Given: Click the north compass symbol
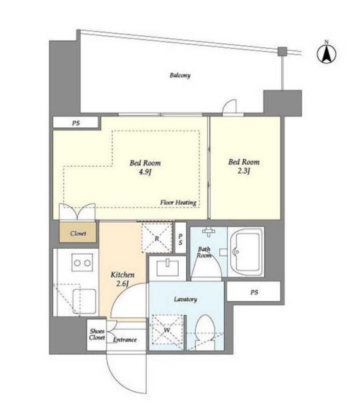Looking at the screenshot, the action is point(327,53).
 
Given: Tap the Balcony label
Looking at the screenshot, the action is point(180,75).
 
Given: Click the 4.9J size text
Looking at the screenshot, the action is point(145,172).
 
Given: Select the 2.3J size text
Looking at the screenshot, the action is point(243,171).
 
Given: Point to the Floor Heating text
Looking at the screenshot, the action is point(178,203).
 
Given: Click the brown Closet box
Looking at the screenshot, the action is point(78,233).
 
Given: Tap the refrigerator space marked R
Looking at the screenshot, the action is point(157,238).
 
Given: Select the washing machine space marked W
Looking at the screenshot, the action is point(167,330).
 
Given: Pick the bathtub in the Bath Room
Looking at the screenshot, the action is point(246,252).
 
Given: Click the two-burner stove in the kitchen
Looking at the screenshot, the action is point(82,263).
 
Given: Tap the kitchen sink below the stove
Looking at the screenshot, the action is point(84,302).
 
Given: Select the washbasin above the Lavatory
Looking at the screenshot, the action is point(168,268).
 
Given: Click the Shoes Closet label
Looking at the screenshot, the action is point(97,334).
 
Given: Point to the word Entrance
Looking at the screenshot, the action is point(125,339).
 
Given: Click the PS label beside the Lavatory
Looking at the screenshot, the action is point(254,293).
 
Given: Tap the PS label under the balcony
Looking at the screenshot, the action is point(76,123).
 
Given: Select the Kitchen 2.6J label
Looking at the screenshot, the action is point(123,279).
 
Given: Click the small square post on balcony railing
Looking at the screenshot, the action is point(283,51).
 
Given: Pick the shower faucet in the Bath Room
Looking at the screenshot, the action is point(209,231).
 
